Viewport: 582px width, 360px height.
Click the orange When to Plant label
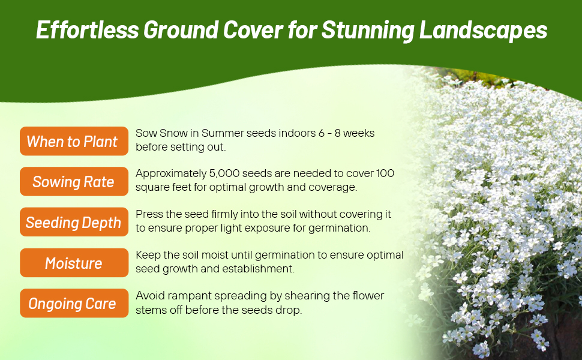pyautogui.click(x=74, y=141)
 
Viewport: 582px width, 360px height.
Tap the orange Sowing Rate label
pyautogui.click(x=74, y=181)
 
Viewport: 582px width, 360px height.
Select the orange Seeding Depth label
pyautogui.click(x=74, y=222)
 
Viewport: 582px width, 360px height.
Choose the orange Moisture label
pyautogui.click(x=74, y=263)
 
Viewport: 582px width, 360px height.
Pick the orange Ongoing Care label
pyautogui.click(x=74, y=303)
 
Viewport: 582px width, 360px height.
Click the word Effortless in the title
pyautogui.click(x=87, y=29)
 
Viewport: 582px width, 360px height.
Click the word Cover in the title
pyautogui.click(x=253, y=29)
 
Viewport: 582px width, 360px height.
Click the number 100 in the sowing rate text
pyautogui.click(x=385, y=173)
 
